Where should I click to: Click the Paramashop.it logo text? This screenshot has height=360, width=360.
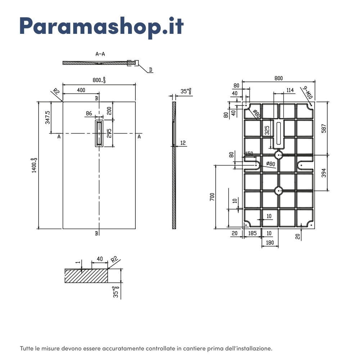(x=102, y=27)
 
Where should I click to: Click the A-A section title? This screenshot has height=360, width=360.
(x=100, y=54)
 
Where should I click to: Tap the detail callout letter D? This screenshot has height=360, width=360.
(x=150, y=70)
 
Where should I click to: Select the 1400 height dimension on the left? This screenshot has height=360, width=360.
(x=34, y=165)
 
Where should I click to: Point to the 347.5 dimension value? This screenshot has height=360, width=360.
(x=48, y=117)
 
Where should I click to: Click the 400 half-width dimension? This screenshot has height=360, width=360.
(x=81, y=90)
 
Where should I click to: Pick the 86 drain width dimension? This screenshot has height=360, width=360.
(x=89, y=113)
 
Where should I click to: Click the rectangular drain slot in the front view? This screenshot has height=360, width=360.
(x=99, y=133)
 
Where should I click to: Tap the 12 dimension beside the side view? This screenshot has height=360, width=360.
(x=183, y=143)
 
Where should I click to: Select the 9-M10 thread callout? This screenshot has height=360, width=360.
(x=307, y=92)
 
